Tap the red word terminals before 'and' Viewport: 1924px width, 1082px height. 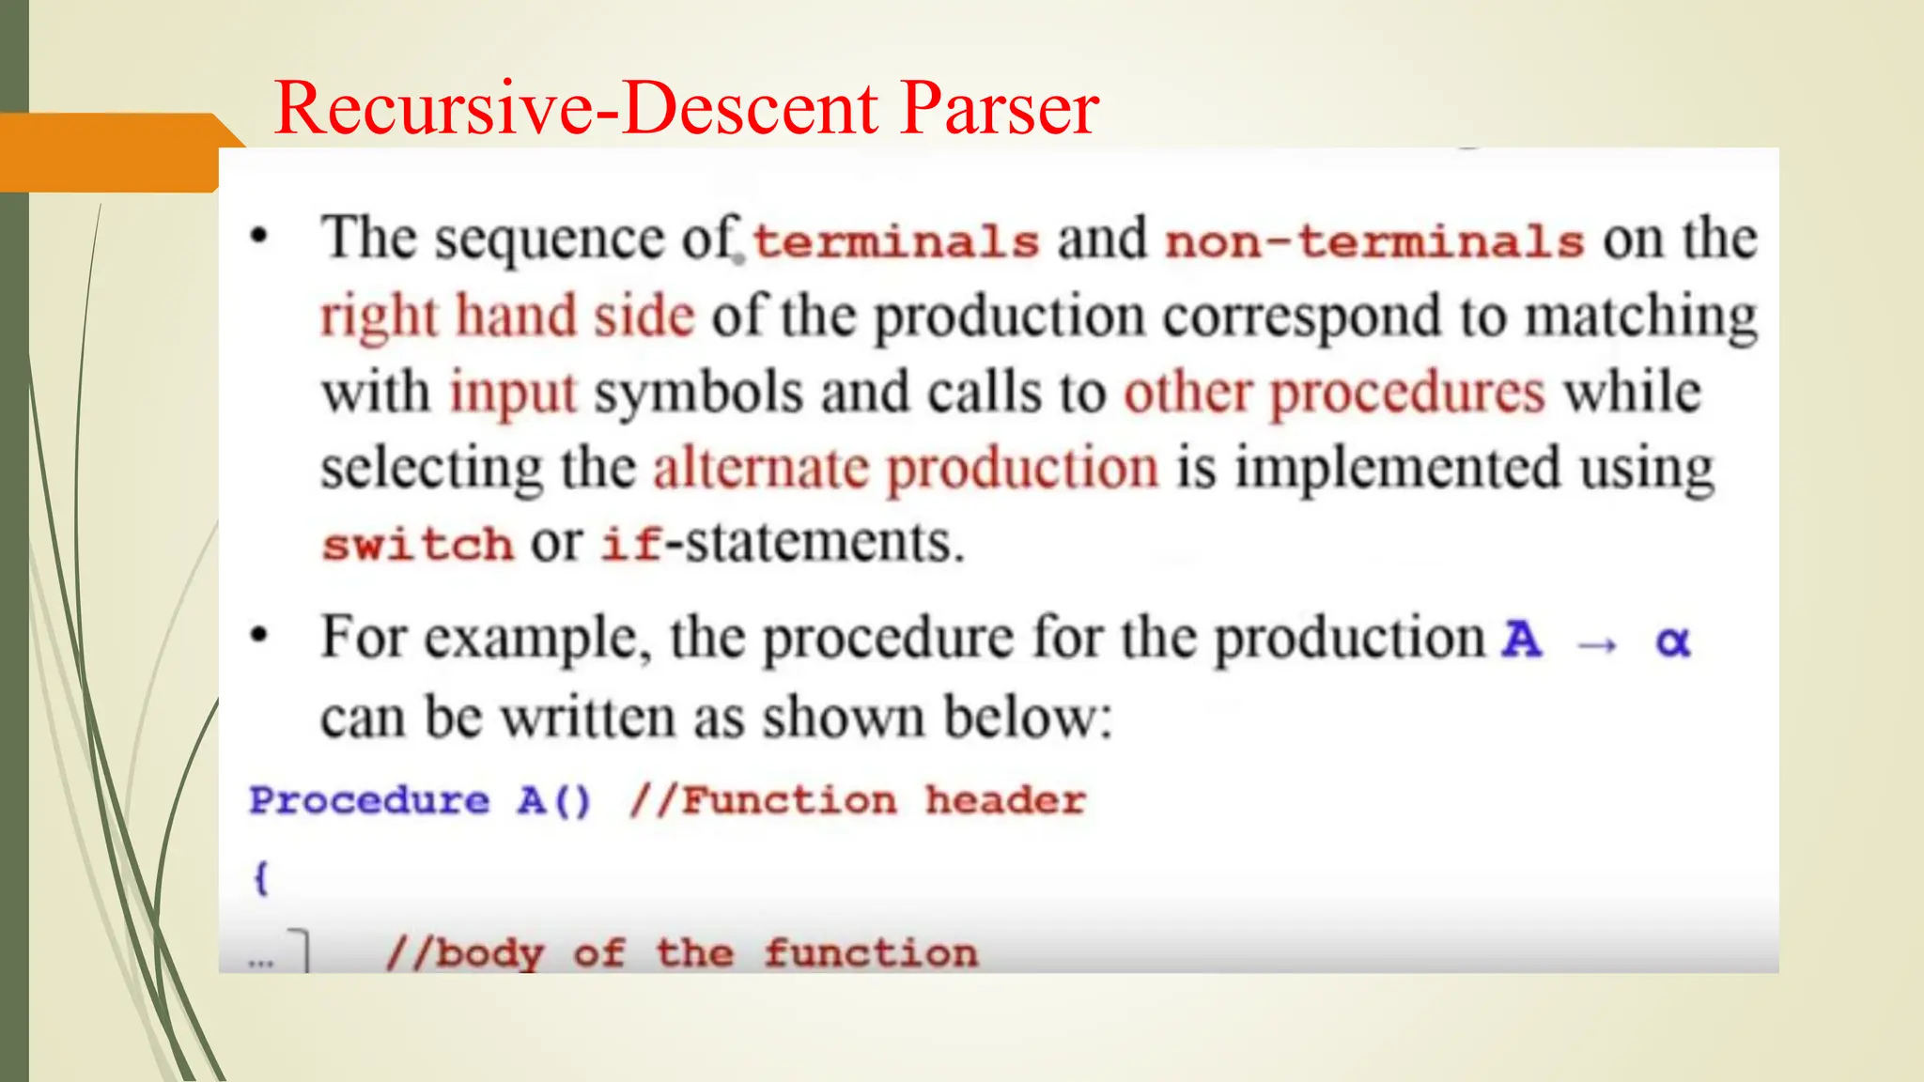click(895, 241)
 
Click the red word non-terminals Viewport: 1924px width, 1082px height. click(1374, 241)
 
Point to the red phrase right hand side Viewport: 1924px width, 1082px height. click(507, 316)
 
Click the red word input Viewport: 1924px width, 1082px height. click(513, 393)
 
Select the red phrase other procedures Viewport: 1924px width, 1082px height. click(1334, 393)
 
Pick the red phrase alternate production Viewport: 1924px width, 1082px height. click(906, 468)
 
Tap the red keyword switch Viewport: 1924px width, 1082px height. click(417, 545)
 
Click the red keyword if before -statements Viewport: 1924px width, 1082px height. click(631, 544)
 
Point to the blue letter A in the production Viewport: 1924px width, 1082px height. click(1522, 641)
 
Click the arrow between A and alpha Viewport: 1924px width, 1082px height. click(1597, 644)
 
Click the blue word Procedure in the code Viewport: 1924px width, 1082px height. click(369, 801)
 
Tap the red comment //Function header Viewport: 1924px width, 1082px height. click(857, 801)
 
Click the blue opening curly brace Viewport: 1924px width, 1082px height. click(261, 878)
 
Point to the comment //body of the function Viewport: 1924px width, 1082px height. click(681, 953)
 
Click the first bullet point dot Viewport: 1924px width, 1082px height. click(259, 237)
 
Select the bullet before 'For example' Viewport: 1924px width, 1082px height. click(259, 636)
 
